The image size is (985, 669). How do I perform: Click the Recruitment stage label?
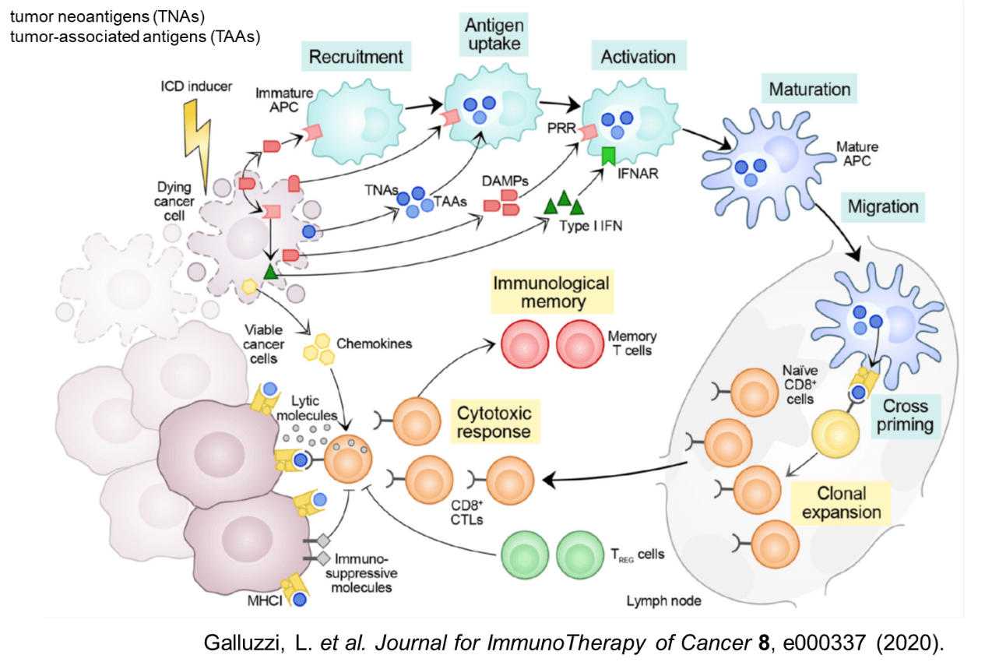point(356,57)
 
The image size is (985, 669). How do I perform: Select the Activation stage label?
point(638,57)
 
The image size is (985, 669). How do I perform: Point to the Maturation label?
point(810,89)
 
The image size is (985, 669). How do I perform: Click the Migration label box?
point(883,207)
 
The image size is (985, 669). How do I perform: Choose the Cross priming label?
point(905,415)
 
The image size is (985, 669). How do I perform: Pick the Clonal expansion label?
point(841,502)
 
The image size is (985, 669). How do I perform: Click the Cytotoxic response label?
point(494,421)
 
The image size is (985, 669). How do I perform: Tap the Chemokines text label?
point(374,343)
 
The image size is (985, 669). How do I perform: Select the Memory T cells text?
point(631,343)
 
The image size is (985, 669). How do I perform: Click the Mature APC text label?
point(857,154)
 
